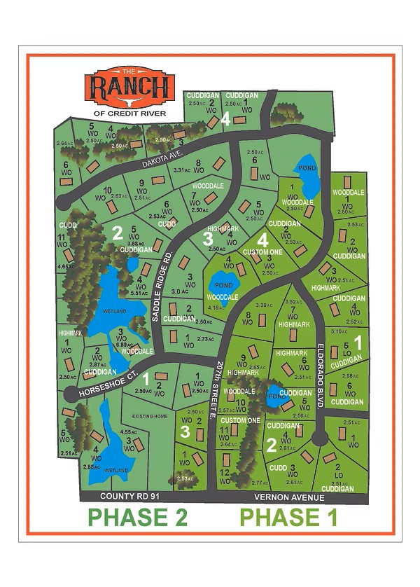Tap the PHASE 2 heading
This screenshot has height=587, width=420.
[137, 518]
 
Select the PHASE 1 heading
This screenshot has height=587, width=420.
[289, 518]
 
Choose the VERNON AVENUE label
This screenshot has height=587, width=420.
[290, 497]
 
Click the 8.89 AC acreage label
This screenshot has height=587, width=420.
[125, 345]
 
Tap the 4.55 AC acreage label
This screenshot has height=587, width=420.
[128, 431]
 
